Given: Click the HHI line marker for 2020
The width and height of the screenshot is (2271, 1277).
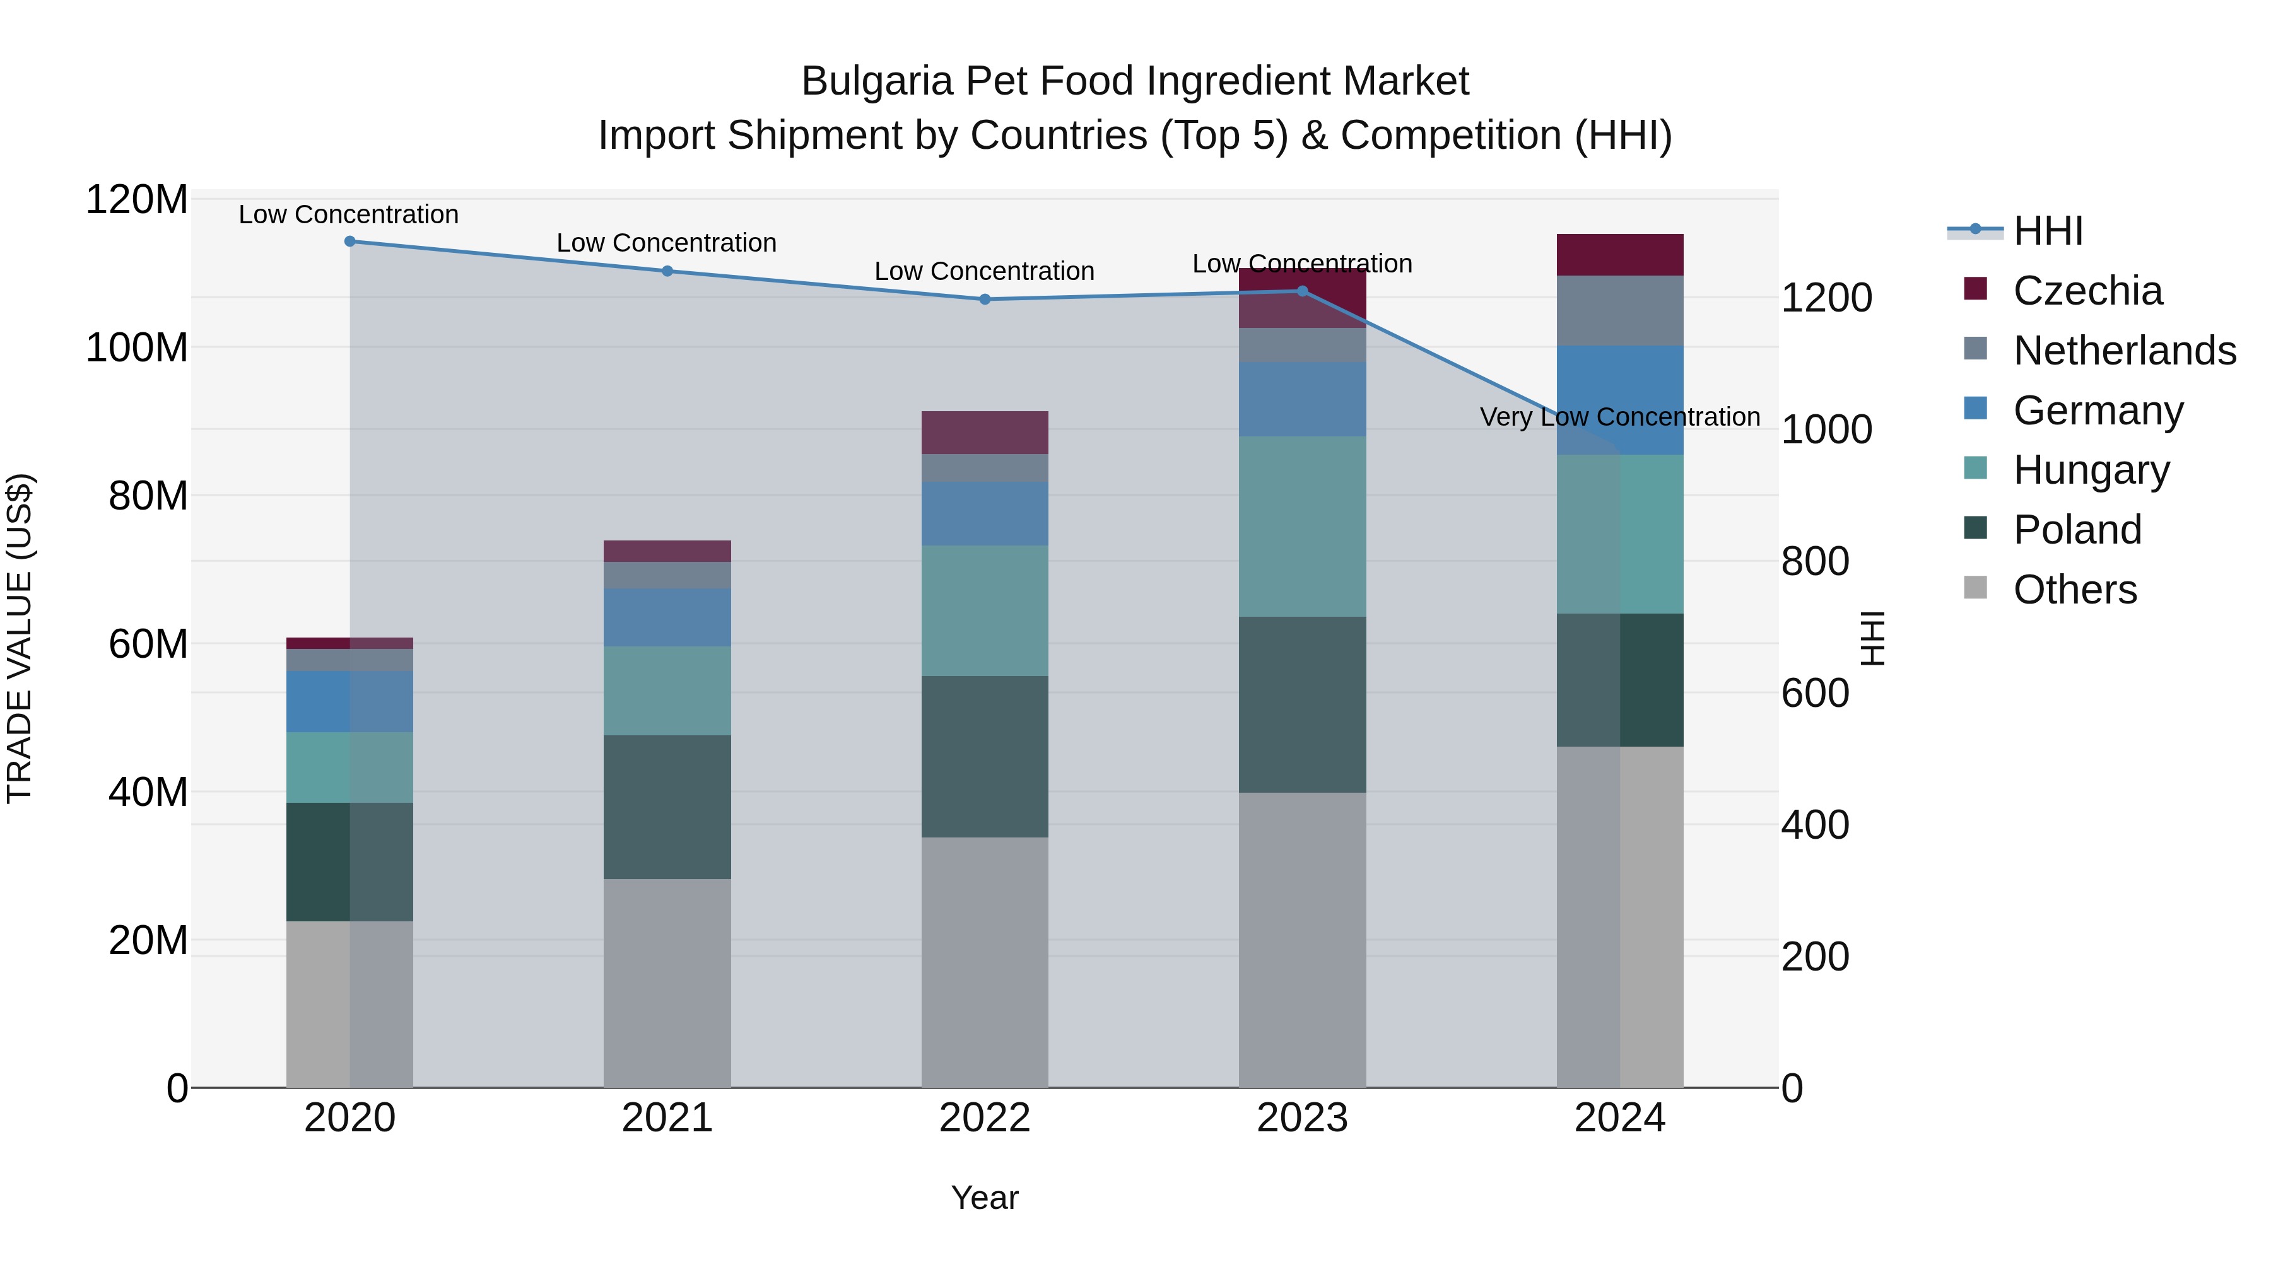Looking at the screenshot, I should click(350, 242).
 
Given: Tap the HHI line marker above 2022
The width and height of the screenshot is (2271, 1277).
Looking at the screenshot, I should click(985, 300).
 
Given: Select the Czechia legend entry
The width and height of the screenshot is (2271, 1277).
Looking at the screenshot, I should click(2087, 291).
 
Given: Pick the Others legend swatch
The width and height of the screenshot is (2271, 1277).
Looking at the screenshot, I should click(1976, 588).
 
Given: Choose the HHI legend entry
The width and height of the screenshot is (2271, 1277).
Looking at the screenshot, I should click(2047, 231).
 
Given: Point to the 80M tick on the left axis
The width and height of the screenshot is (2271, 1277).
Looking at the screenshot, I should click(147, 496).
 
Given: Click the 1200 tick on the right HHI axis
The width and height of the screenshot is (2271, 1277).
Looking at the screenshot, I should click(1826, 298).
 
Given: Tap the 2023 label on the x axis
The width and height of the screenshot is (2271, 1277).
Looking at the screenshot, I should click(1302, 1118).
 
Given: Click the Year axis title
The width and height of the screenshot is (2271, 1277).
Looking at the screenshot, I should click(985, 1198).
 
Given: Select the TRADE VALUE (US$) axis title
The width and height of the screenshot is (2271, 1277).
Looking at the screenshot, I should click(20, 638).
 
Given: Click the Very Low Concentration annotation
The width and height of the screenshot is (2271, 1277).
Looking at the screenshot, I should click(1619, 417).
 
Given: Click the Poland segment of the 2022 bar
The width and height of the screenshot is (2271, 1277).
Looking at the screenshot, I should click(985, 756).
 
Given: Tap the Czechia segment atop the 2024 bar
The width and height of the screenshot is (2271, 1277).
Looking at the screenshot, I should click(1619, 255).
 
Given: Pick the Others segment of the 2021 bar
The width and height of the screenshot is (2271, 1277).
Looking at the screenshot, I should click(667, 983).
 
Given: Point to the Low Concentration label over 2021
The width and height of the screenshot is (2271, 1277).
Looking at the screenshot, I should click(667, 243).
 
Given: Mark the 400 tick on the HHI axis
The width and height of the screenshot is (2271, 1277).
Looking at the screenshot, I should click(1814, 825).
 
